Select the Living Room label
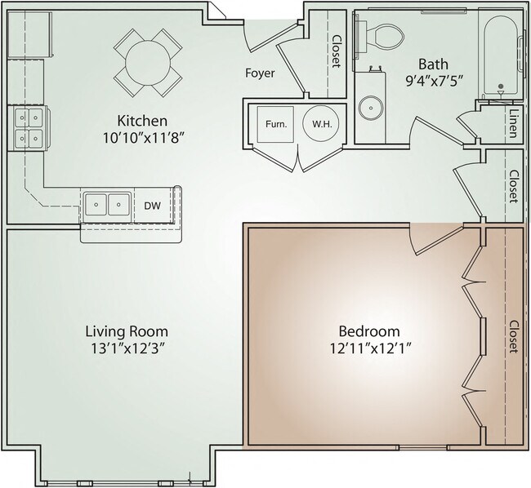tap(127, 331)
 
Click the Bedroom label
tap(370, 331)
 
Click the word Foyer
tap(260, 73)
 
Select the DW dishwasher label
tap(153, 206)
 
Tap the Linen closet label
tap(514, 123)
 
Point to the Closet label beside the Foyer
tap(337, 51)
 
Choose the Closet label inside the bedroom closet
tap(513, 336)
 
